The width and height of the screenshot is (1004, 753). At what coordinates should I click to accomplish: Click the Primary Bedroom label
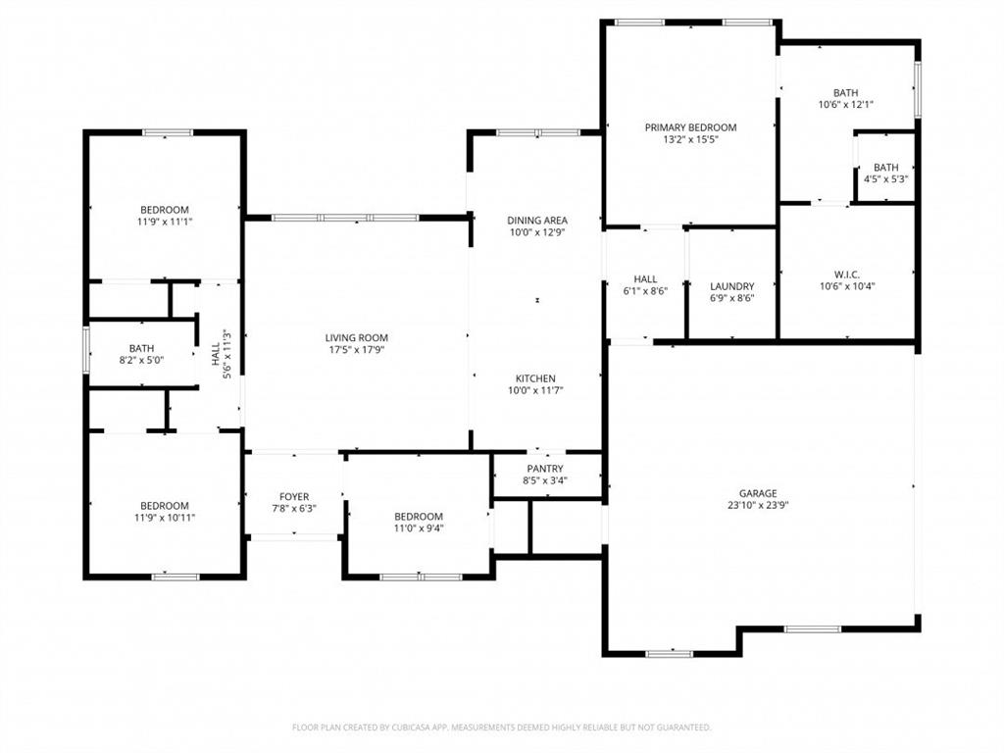point(690,127)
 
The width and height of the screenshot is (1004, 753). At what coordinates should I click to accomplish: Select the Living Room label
point(357,338)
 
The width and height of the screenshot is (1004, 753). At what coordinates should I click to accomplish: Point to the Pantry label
point(544,469)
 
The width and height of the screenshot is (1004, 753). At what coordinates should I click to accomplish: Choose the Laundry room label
point(731,286)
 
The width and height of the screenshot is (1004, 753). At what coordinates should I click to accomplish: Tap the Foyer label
point(294,497)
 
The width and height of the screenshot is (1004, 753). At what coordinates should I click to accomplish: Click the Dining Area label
point(536,221)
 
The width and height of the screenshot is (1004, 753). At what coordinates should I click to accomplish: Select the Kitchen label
point(536,378)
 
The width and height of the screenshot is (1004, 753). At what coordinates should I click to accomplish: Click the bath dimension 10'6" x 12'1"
point(845,104)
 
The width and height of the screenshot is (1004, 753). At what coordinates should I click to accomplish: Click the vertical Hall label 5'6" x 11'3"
point(222,352)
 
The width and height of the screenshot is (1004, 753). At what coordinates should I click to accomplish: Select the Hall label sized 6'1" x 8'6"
point(645,291)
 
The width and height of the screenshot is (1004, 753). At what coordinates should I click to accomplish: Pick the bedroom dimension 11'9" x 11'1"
point(164,222)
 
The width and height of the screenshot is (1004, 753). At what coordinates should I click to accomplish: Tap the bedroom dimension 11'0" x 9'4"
point(419,528)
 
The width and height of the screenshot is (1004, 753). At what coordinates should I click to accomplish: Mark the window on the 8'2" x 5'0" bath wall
point(87,348)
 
